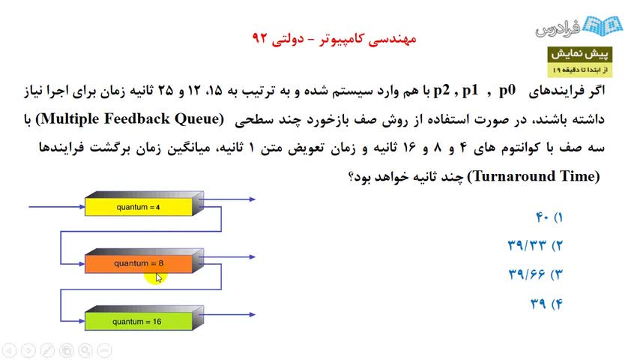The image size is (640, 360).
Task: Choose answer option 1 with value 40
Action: (x=549, y=217)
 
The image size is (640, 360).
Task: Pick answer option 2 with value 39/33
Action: (x=535, y=245)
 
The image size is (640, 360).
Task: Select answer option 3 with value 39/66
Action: (x=536, y=274)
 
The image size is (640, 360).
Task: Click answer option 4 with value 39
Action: (x=546, y=304)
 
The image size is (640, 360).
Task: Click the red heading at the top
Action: (x=334, y=38)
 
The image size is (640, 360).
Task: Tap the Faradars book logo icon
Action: (x=603, y=25)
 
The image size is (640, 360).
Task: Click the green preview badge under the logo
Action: (x=579, y=61)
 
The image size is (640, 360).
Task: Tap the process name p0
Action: (x=507, y=91)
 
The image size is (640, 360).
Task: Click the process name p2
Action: (x=441, y=91)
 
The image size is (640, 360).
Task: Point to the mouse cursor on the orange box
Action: (x=159, y=277)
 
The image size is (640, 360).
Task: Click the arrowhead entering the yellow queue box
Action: (x=82, y=207)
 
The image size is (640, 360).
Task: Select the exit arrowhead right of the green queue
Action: (x=253, y=315)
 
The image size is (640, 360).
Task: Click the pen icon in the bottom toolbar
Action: (x=47, y=350)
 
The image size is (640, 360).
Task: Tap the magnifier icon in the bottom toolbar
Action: (x=85, y=350)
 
